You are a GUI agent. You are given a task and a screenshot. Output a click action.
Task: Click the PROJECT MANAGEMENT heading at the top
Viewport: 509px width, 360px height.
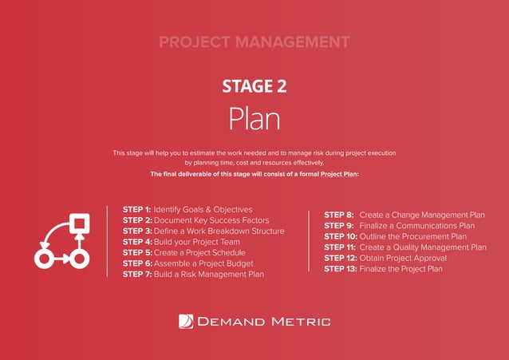pos(254,42)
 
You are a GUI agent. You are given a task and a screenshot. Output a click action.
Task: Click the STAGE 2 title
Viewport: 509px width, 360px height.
pos(254,85)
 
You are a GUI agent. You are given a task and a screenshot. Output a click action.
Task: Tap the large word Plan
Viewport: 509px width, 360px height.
pos(254,119)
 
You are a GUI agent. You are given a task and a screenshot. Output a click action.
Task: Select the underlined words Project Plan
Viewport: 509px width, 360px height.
pos(338,173)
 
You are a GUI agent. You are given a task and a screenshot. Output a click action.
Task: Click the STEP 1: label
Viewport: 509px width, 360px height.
pos(136,209)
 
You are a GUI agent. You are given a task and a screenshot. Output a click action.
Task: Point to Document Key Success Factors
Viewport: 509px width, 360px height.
pos(211,220)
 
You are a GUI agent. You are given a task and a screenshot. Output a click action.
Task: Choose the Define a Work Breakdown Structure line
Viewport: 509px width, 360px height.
pos(219,231)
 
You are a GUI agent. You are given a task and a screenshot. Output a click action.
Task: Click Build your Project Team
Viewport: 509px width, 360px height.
pos(198,242)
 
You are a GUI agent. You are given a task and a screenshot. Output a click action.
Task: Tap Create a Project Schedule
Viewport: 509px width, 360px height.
pos(199,253)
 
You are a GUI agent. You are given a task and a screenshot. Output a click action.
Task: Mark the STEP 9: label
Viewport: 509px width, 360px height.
pos(339,226)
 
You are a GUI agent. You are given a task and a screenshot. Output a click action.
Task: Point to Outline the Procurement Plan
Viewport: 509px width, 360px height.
pos(413,236)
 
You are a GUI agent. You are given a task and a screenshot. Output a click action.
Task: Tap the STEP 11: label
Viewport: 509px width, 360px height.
pos(341,247)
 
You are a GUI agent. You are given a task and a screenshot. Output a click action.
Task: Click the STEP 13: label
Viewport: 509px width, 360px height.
pos(341,269)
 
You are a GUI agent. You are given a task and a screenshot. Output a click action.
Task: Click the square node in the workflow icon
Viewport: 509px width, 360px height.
pos(80,222)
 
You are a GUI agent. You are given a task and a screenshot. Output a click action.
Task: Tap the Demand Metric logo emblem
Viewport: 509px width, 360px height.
pos(185,322)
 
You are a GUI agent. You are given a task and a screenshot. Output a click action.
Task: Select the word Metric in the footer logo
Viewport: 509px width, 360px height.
pos(296,322)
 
